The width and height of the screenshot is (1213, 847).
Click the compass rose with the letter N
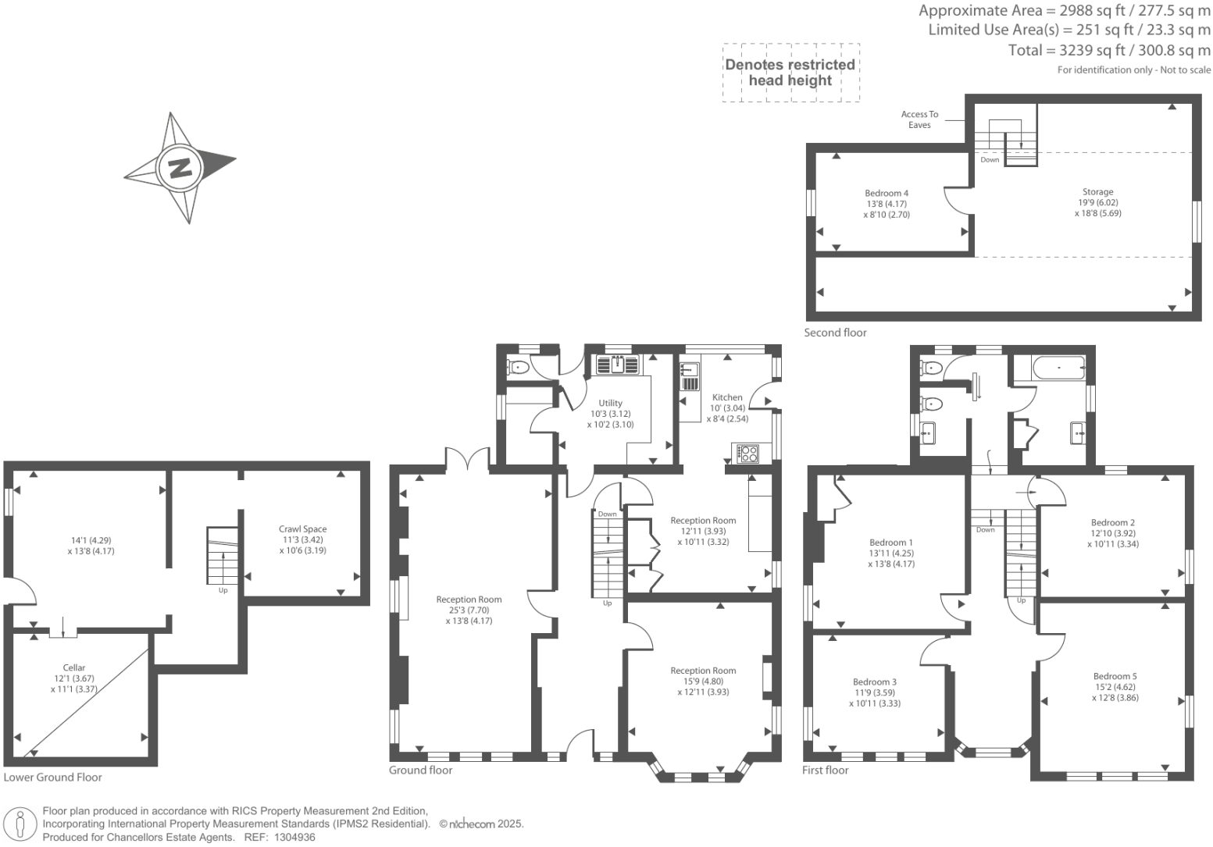(x=180, y=167)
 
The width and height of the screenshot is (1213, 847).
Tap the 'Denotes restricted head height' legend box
(x=790, y=73)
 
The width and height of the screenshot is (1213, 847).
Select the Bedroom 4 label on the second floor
(x=886, y=194)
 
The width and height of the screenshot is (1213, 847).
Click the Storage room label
(x=1097, y=192)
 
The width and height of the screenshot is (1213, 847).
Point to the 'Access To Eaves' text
(x=919, y=119)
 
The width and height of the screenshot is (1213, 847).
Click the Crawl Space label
(x=302, y=529)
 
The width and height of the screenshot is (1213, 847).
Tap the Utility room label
(x=610, y=404)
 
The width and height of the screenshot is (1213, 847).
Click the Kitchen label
(x=726, y=397)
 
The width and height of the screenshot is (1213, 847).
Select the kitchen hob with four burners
(x=747, y=453)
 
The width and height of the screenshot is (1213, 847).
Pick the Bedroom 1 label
(x=890, y=543)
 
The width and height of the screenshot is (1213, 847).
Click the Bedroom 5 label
(x=1115, y=677)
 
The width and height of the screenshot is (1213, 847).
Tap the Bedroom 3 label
(x=874, y=682)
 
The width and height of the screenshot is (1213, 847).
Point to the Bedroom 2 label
(x=1112, y=523)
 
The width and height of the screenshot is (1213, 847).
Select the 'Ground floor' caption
(x=420, y=770)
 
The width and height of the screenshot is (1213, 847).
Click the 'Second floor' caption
(x=835, y=333)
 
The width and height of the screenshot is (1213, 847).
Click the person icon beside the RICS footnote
(x=20, y=824)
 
